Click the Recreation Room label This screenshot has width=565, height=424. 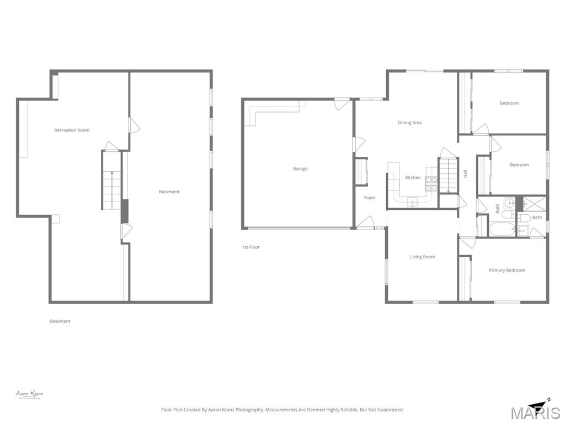72,130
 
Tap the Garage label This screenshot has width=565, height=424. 300,169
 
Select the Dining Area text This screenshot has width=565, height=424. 409,123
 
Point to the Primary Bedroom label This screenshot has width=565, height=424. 507,271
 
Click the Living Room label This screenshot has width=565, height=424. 422,257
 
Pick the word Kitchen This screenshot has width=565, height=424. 413,178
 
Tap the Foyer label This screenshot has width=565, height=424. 369,198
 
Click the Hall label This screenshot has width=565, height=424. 466,173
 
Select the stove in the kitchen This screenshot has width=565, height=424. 431,183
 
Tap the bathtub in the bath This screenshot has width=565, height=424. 502,229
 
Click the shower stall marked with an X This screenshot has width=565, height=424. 534,204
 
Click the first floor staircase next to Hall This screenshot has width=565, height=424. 448,174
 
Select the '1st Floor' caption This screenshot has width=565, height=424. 250,247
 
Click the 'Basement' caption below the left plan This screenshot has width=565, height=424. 60,321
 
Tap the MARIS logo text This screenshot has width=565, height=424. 535,413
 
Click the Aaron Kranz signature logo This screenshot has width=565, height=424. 29,394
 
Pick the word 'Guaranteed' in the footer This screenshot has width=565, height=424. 389,410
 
